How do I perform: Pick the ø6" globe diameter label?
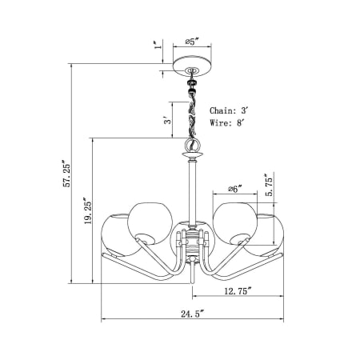[234, 189]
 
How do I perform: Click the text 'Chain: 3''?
[231, 110]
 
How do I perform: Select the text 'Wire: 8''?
[230, 123]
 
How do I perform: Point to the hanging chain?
[192, 112]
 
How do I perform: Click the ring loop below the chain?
[192, 145]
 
